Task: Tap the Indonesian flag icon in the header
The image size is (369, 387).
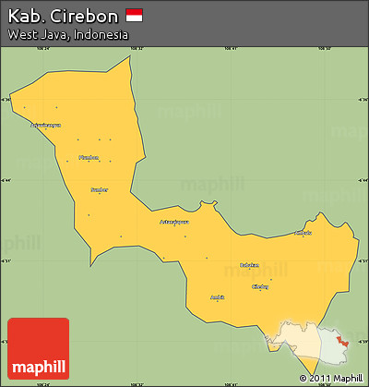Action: pyautogui.click(x=134, y=16)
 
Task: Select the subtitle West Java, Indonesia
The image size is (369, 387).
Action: pyautogui.click(x=67, y=34)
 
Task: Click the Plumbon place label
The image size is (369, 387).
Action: pyautogui.click(x=89, y=157)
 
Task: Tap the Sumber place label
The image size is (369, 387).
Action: pyautogui.click(x=99, y=189)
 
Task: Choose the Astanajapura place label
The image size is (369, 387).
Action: pyautogui.click(x=174, y=222)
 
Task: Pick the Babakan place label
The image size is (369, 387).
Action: pyautogui.click(x=249, y=265)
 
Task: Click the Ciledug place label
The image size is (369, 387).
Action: pyautogui.click(x=261, y=286)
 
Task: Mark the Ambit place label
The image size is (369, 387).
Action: pyautogui.click(x=218, y=296)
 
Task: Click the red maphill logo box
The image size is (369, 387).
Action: pyautogui.click(x=38, y=348)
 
